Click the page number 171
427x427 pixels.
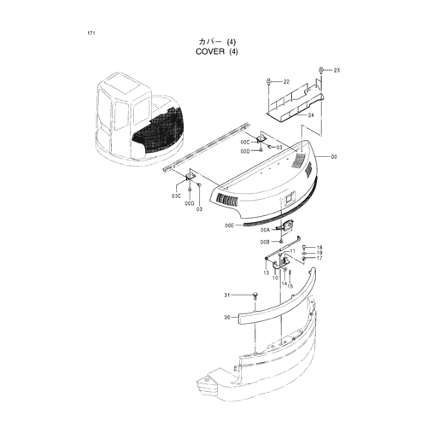click(91, 33)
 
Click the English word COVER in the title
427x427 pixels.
click(210, 51)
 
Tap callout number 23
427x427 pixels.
click(336, 70)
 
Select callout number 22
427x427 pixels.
click(286, 82)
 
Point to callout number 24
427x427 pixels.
click(311, 115)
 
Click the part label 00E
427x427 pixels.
click(229, 225)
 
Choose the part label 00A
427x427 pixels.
click(265, 231)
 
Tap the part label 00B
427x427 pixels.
click(265, 242)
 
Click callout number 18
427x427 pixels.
click(319, 248)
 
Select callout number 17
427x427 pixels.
click(319, 258)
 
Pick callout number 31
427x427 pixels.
click(227, 295)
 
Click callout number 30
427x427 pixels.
click(227, 318)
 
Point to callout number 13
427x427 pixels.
click(266, 272)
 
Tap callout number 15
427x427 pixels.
click(290, 286)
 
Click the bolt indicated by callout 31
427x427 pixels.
click(255, 296)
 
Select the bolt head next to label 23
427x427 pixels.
click(321, 70)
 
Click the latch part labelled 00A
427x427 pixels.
click(284, 226)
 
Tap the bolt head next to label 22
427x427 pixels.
click(269, 81)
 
